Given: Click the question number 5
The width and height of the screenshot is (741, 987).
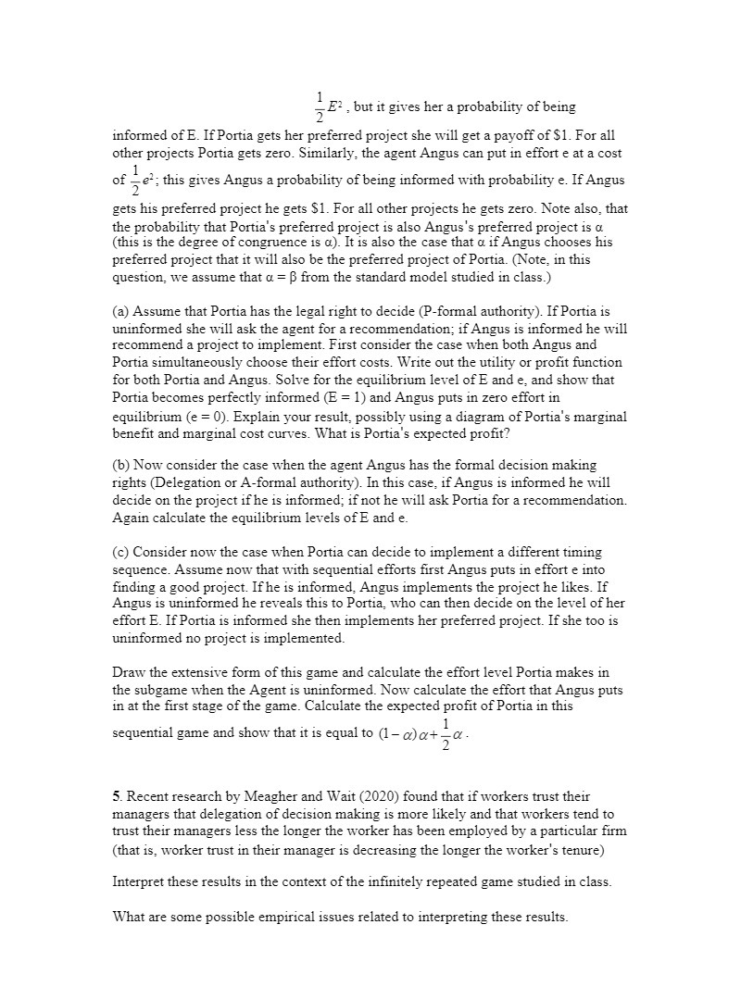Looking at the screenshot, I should click(x=117, y=796).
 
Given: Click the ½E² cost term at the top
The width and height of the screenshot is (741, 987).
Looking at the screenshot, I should click(x=325, y=107).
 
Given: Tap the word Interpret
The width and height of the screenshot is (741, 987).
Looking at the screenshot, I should click(x=139, y=881).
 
